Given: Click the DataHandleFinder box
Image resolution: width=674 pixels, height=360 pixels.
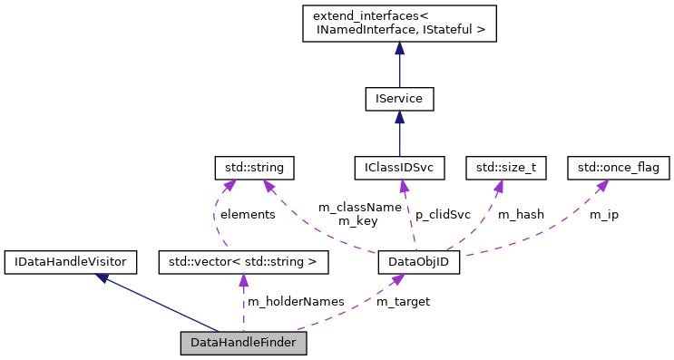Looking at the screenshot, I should click(243, 344).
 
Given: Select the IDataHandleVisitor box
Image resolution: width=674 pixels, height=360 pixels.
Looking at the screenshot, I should click(71, 263).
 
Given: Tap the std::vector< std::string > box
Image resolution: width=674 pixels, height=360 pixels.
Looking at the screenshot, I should click(242, 263).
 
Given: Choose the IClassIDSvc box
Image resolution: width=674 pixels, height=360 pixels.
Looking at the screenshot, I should click(399, 168).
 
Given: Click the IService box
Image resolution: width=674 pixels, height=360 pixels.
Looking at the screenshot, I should click(399, 98).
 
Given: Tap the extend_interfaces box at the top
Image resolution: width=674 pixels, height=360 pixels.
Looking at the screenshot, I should click(399, 24).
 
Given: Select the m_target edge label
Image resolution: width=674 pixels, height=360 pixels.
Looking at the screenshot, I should click(403, 301).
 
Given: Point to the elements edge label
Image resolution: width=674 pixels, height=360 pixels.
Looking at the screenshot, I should click(248, 215).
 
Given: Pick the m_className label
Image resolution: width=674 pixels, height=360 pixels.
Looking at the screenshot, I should click(360, 208).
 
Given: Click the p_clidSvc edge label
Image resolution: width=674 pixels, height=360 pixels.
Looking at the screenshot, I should click(444, 215).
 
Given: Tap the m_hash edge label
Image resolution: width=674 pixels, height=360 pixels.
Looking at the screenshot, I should click(521, 215).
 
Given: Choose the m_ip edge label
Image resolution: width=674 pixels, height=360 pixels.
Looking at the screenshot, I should click(604, 215).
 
